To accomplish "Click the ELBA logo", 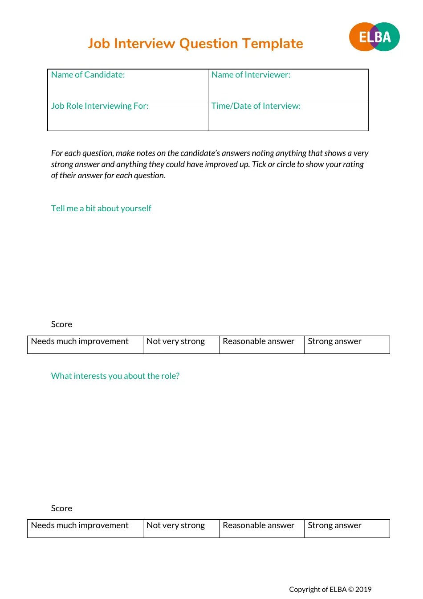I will (x=374, y=37).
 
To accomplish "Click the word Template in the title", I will (x=273, y=44).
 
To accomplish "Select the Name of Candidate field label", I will (x=88, y=75).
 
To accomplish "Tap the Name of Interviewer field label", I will (x=251, y=75).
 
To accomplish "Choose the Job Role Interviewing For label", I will (x=100, y=106).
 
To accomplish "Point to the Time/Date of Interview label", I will (x=256, y=106).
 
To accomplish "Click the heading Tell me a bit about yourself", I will (x=101, y=209).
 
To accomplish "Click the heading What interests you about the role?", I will (x=115, y=376).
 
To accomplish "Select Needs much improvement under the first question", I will (x=80, y=341).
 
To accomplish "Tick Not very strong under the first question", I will (x=175, y=341).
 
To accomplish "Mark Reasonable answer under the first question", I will (x=258, y=341).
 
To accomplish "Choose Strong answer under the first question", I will (x=334, y=341).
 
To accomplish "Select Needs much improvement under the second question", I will (x=80, y=525).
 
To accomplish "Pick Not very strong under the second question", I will (x=175, y=525).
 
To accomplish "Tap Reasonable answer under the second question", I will (x=258, y=525).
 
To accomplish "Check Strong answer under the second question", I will (x=334, y=525).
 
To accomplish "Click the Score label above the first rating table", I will (x=61, y=324).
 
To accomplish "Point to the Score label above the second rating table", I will (x=61, y=509).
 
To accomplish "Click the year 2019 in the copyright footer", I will (x=363, y=590).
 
